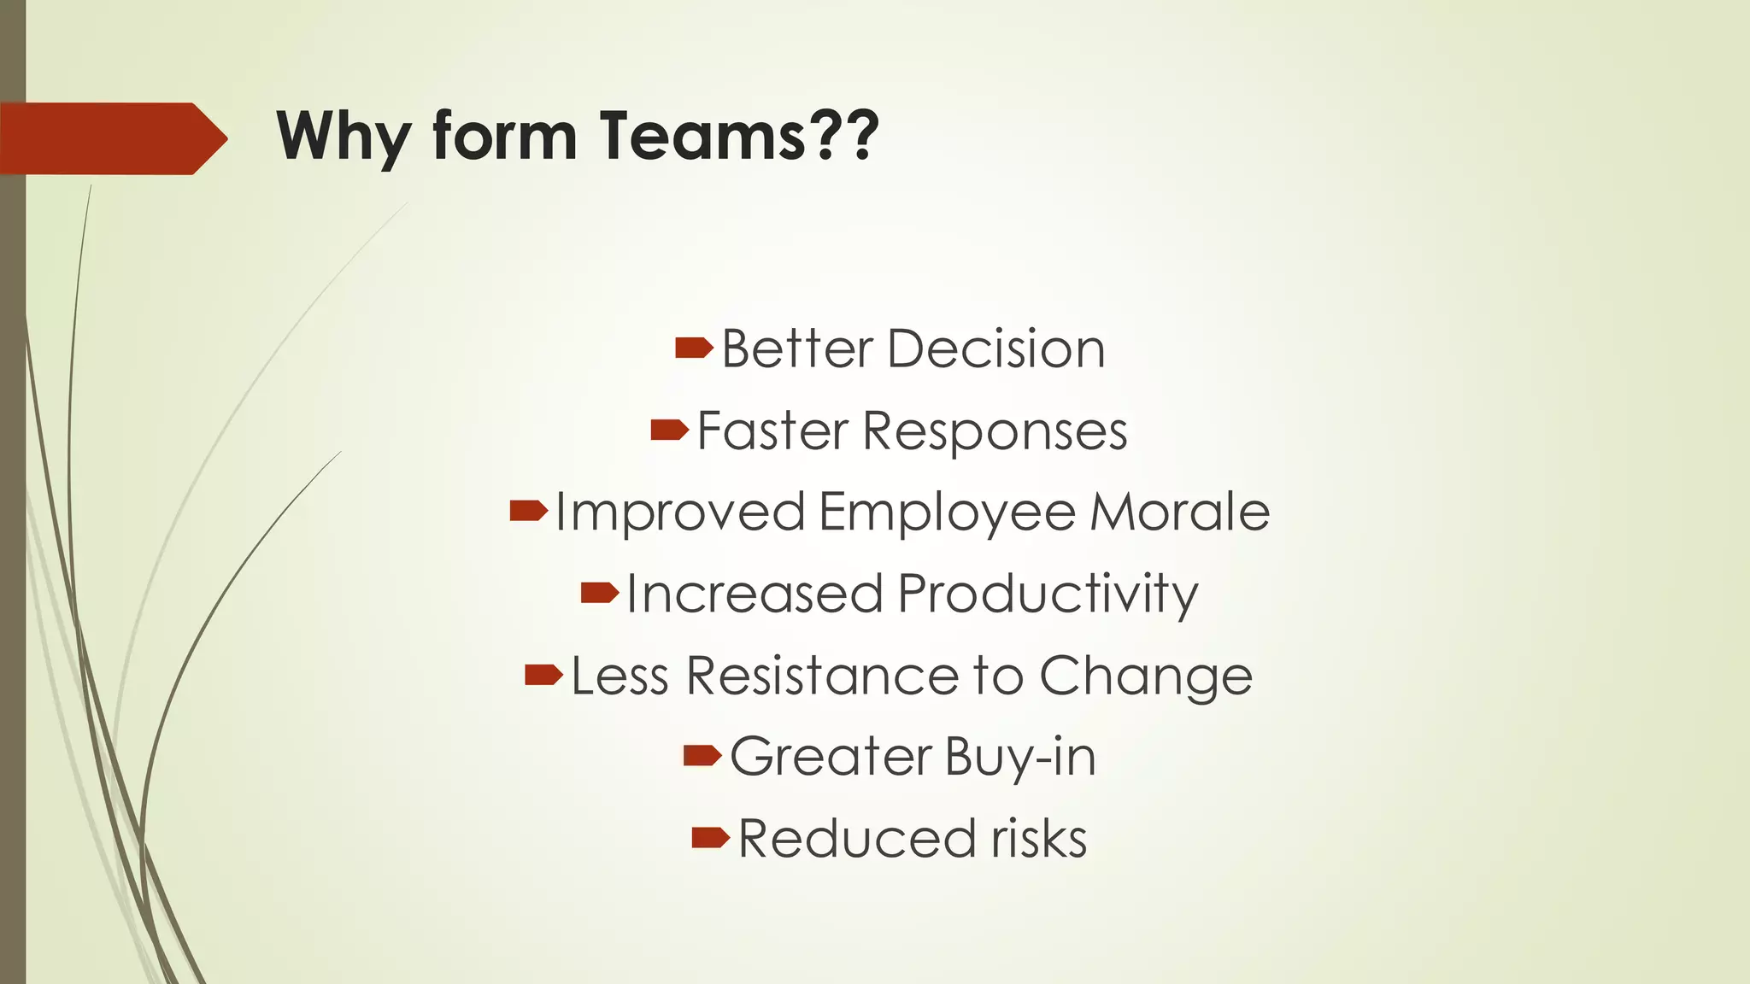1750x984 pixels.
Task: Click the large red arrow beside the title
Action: tap(111, 138)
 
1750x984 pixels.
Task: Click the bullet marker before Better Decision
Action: tap(693, 348)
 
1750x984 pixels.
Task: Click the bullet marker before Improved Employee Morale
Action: tap(527, 512)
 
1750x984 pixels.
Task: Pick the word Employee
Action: tap(947, 512)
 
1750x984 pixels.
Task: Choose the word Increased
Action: tap(754, 593)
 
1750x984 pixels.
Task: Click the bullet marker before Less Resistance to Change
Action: tap(543, 675)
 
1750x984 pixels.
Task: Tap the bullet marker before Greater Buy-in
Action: tap(702, 755)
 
